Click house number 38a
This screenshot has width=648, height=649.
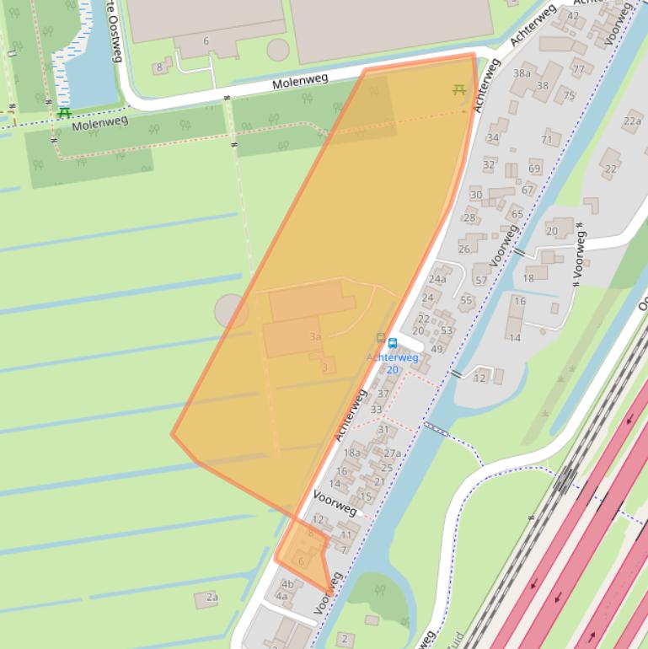[x=522, y=73]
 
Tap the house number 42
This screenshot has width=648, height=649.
[x=573, y=15]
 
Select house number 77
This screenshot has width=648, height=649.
[x=579, y=69]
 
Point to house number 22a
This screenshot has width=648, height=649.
[x=632, y=121]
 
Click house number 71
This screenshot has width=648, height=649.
[x=547, y=139]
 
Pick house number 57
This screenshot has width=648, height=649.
[x=480, y=281]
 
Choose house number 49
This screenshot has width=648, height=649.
[x=436, y=349]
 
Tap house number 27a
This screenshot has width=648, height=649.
[x=393, y=453]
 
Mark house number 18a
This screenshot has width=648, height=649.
[x=351, y=453]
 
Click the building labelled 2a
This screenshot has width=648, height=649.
[x=212, y=598]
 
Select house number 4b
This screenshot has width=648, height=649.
[x=287, y=583]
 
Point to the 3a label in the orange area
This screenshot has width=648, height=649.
[x=315, y=337]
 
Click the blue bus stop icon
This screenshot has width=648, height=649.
[x=393, y=342]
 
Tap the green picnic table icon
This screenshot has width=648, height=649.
[x=64, y=113]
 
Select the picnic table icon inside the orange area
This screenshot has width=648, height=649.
[x=458, y=88]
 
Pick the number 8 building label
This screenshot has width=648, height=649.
[x=158, y=67]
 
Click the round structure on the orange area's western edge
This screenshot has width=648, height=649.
[x=231, y=310]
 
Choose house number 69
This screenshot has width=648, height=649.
[x=534, y=169]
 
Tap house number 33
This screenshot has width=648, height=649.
[x=377, y=410]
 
